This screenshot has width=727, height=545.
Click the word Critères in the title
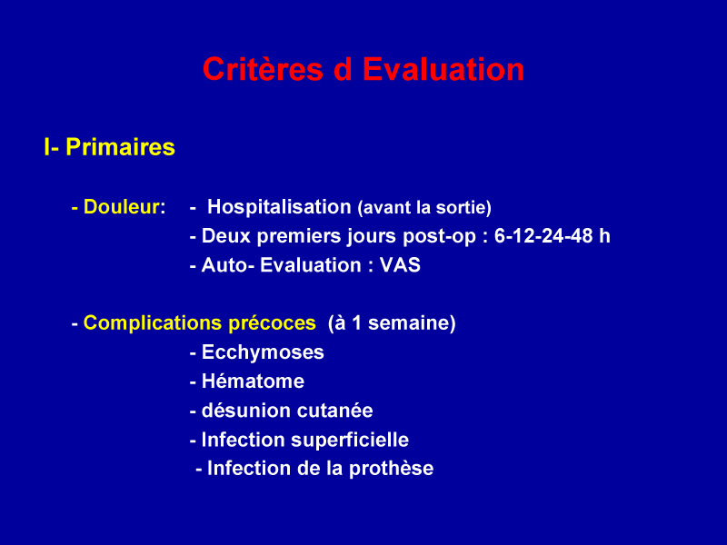[263, 70]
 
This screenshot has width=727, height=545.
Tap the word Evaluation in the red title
[443, 70]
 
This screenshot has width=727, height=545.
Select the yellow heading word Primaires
[121, 148]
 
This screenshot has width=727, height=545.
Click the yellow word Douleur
[122, 207]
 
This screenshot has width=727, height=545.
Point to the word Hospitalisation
[279, 207]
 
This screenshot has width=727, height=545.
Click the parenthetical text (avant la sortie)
[424, 208]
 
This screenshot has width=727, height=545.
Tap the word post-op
[440, 237]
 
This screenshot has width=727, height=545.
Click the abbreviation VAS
[400, 265]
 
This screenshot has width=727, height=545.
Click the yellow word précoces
[272, 323]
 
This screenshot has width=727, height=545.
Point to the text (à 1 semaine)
[392, 323]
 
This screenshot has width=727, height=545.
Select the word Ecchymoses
[263, 352]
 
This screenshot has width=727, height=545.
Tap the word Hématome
[254, 381]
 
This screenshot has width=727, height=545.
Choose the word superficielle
[350, 441]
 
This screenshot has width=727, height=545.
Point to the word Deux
[226, 236]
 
